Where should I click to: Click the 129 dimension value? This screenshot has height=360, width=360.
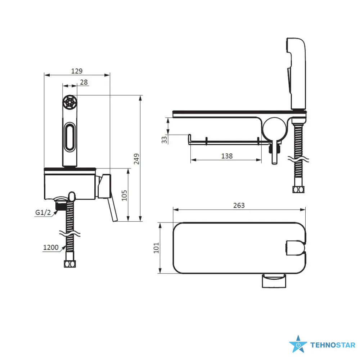pos(77,71)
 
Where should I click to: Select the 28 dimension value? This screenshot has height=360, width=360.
pos(84,82)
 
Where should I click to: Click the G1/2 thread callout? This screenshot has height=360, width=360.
pos(42,212)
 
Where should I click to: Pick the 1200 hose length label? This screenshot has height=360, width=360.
pos(50,247)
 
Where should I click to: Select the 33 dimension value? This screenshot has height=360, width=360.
pos(165,140)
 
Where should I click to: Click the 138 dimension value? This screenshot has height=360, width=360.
pos(227,156)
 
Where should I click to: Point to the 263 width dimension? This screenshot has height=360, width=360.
pos(239,205)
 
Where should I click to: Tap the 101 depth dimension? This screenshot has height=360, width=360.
pos(156,248)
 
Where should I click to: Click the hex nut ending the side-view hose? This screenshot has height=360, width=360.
pos(298,189)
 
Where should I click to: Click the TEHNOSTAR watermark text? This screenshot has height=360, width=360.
pos(332,345)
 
